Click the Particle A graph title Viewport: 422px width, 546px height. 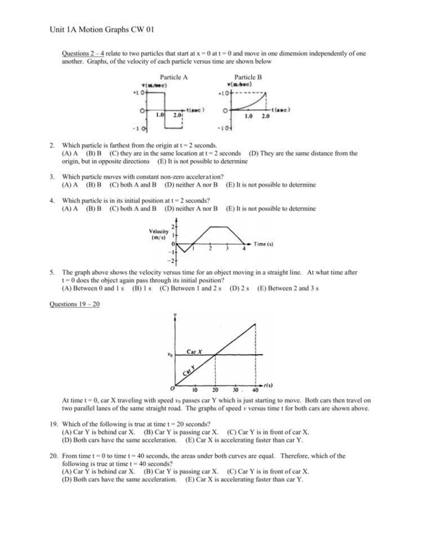[x=174, y=77]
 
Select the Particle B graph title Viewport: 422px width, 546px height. [x=248, y=77]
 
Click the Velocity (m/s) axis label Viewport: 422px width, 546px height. [x=159, y=234]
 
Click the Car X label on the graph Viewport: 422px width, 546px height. [x=194, y=351]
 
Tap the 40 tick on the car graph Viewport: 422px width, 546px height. [x=255, y=390]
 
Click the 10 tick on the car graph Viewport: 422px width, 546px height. [x=195, y=390]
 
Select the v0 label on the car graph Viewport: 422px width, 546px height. [x=170, y=355]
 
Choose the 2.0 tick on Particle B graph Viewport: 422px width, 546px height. [x=265, y=117]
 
